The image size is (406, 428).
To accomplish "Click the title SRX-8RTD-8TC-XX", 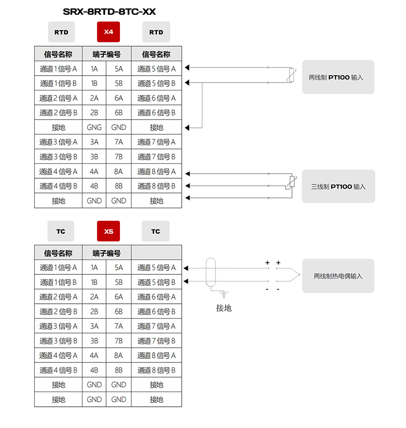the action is [x=109, y=12].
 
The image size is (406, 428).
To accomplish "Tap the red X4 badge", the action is [x=108, y=32].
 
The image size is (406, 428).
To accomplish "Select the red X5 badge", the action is [x=108, y=231].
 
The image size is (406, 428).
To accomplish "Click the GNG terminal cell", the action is [x=94, y=127].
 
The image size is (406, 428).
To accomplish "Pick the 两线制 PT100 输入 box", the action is [x=338, y=77].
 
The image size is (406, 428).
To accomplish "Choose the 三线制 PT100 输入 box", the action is [x=338, y=187].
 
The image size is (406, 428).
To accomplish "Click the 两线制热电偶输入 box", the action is [x=338, y=276].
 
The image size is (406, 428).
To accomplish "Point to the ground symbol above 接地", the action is [x=224, y=295].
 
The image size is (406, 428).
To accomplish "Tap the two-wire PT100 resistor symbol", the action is [x=292, y=75].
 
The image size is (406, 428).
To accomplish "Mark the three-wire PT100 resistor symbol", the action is [x=292, y=182].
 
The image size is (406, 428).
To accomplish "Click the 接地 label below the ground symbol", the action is [x=224, y=308].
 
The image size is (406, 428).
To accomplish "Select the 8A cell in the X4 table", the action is [x=118, y=171].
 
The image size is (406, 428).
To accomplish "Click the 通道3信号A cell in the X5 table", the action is [x=58, y=326].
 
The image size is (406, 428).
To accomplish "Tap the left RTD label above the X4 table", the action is [x=61, y=32].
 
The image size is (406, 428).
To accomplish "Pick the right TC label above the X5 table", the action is [x=155, y=231].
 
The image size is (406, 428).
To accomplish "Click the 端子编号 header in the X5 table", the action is [x=107, y=253].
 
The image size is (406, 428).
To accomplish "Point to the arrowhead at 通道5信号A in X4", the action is [x=187, y=67].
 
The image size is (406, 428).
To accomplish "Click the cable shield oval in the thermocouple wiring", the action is [x=211, y=272].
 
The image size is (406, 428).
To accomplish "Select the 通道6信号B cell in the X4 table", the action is [x=156, y=113].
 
